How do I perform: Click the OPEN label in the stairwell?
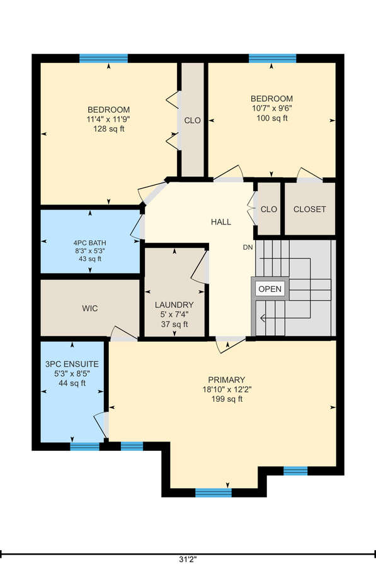click(270, 289)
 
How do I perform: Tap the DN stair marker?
click(248, 247)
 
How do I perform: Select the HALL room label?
click(221, 221)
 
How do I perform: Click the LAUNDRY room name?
click(174, 304)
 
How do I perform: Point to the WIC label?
click(89, 308)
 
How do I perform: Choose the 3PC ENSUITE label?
click(72, 364)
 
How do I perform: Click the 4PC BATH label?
click(90, 243)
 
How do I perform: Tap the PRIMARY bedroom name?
click(227, 380)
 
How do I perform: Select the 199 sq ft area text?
click(227, 399)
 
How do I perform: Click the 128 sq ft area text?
click(109, 129)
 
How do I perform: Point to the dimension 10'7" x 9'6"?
click(272, 108)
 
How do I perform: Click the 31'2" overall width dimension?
click(188, 560)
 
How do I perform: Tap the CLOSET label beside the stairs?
click(309, 209)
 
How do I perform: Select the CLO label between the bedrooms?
click(192, 120)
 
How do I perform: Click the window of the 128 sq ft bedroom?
click(103, 58)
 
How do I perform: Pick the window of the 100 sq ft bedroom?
click(273, 58)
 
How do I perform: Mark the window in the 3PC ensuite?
click(84, 447)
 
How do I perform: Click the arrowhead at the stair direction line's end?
click(263, 318)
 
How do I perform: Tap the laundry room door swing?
click(200, 265)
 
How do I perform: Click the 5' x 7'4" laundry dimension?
click(174, 314)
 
